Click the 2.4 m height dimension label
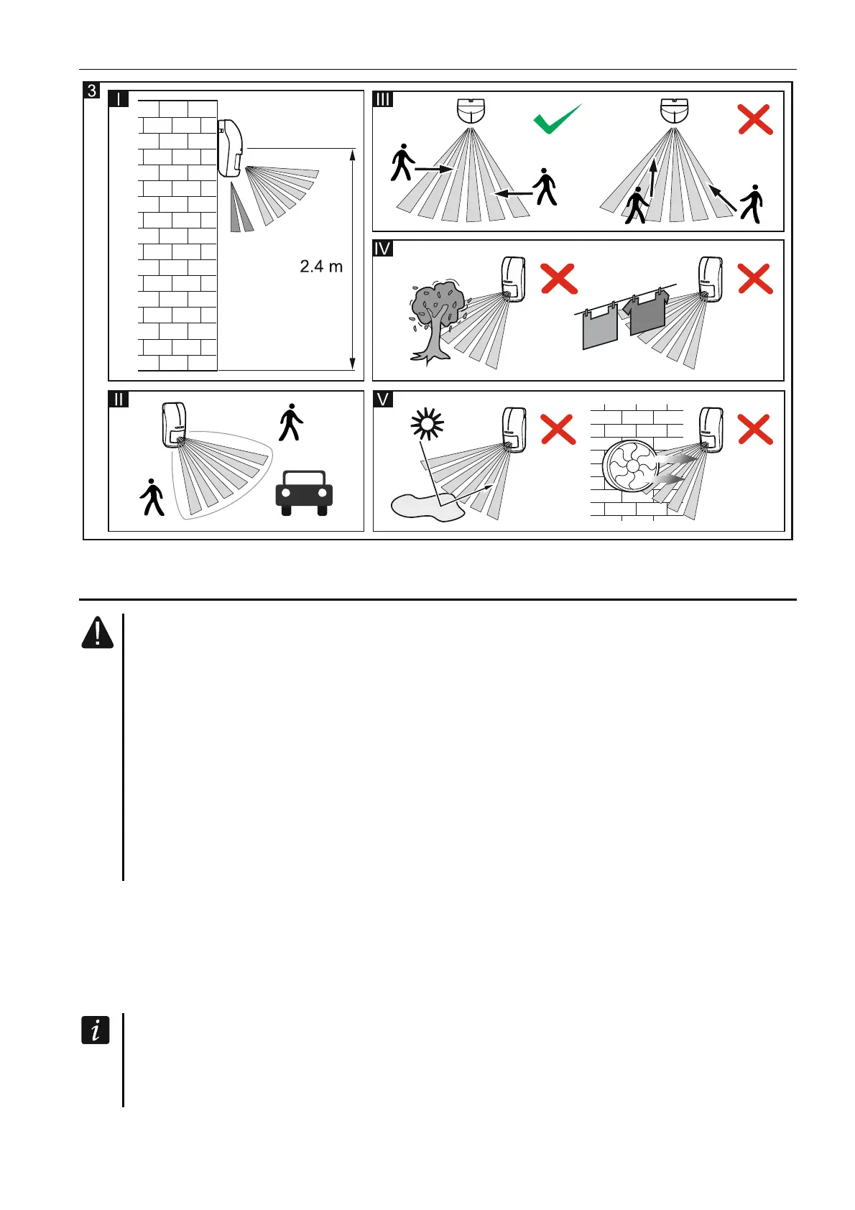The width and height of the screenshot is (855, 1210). [x=320, y=267]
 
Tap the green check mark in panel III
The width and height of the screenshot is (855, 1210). [x=557, y=119]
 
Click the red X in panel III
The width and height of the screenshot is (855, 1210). [x=754, y=119]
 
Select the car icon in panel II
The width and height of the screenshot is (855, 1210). [x=304, y=492]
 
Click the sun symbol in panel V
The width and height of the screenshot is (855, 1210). [x=427, y=425]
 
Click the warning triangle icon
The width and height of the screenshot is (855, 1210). [x=97, y=632]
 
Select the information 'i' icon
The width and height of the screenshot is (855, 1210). [x=95, y=1030]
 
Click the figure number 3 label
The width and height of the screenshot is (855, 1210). [x=92, y=91]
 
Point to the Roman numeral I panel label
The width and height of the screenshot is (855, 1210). [x=118, y=99]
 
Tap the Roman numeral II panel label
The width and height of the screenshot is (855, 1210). [x=119, y=400]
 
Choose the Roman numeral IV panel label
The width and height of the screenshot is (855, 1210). [x=383, y=249]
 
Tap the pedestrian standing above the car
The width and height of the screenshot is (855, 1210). [x=291, y=422]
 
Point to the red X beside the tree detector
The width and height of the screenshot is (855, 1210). [x=559, y=279]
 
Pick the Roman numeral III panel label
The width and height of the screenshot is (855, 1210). [x=383, y=99]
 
